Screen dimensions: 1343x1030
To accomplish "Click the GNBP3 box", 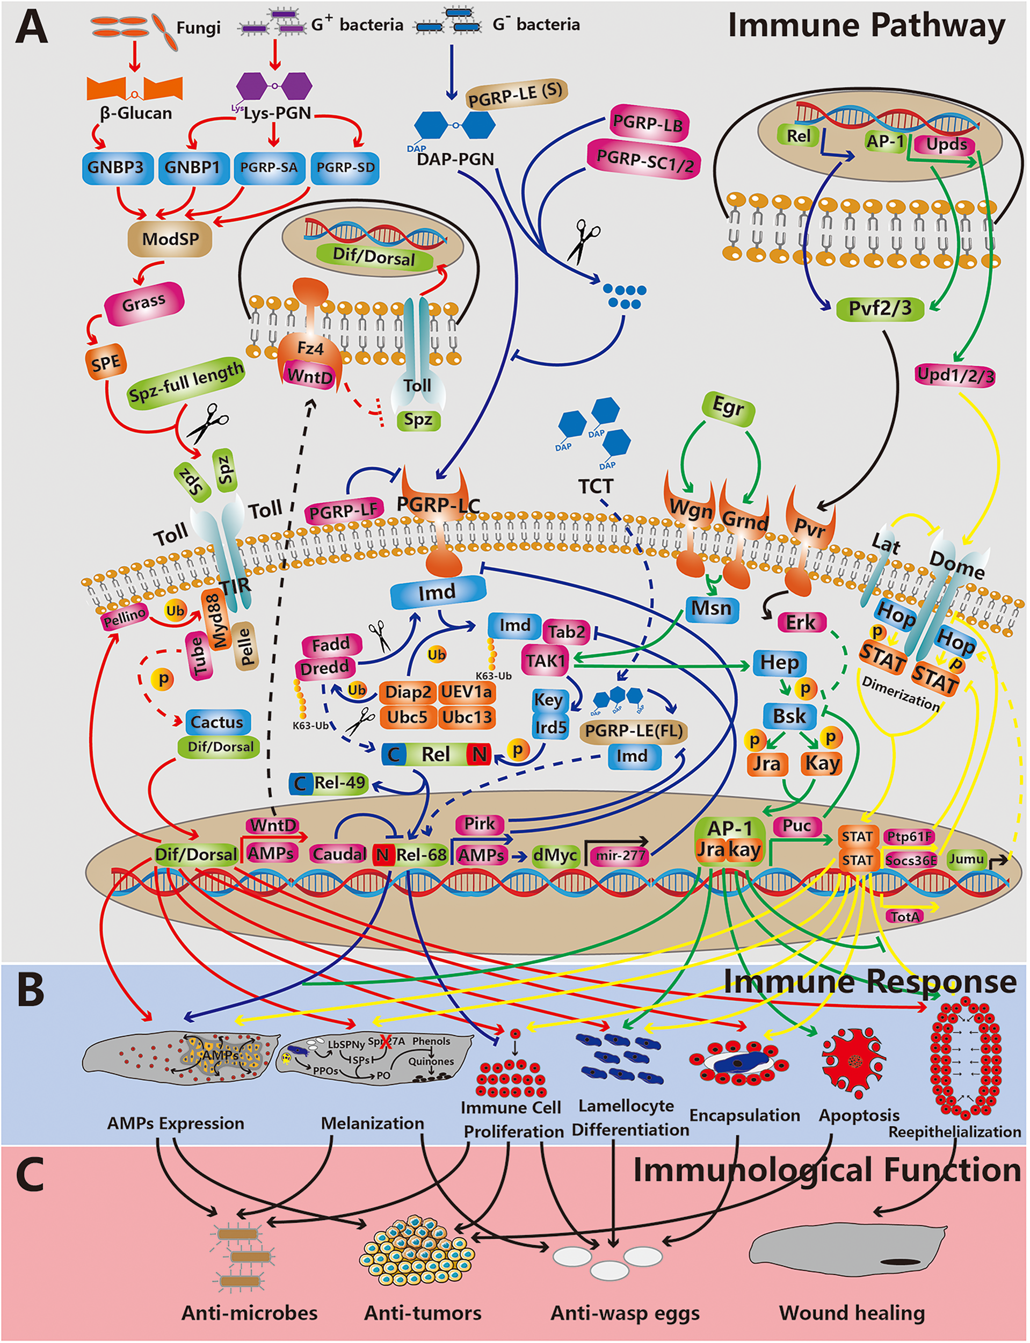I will pos(116,168).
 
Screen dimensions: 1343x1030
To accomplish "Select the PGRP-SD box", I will pos(345,168).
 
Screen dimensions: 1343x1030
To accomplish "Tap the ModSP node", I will pos(170,239).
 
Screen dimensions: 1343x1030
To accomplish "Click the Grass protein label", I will pos(144,303).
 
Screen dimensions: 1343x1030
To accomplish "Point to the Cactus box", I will pos(217,722).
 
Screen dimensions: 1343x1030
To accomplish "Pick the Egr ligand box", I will pos(728,407).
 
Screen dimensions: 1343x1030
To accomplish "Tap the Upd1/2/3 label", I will pos(955,374).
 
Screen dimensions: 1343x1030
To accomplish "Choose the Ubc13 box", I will pos(467,717).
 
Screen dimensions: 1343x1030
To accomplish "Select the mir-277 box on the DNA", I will pos(618,855).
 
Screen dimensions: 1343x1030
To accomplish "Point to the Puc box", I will pos(796,826).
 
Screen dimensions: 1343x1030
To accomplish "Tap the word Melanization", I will pos(372,1123).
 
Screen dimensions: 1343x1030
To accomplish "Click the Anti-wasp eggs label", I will pos(625,1313).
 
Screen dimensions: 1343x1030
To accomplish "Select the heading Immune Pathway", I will pos(866,26).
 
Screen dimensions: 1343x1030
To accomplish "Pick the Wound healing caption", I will pos(852,1313).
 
